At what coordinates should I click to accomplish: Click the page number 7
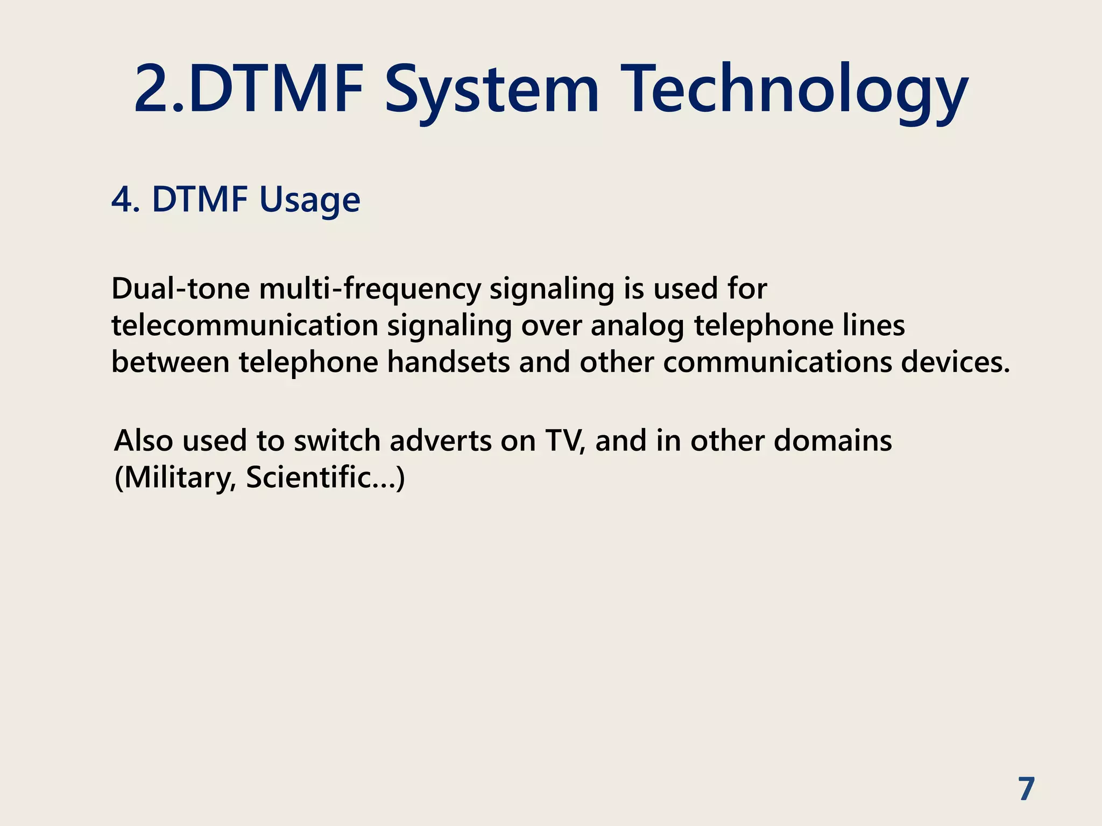click(1027, 789)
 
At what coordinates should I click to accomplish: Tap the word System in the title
click(491, 90)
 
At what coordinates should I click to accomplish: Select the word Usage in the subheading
click(309, 200)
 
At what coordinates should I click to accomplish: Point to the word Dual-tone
click(180, 289)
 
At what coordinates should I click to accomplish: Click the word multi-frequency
click(370, 290)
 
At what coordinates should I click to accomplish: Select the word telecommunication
click(245, 326)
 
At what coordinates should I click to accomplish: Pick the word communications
click(778, 362)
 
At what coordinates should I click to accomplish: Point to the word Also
click(144, 441)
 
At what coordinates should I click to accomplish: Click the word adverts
click(440, 441)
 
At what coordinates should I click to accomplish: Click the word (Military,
click(175, 478)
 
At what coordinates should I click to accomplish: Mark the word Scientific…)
click(325, 478)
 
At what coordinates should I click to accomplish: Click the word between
click(171, 362)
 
